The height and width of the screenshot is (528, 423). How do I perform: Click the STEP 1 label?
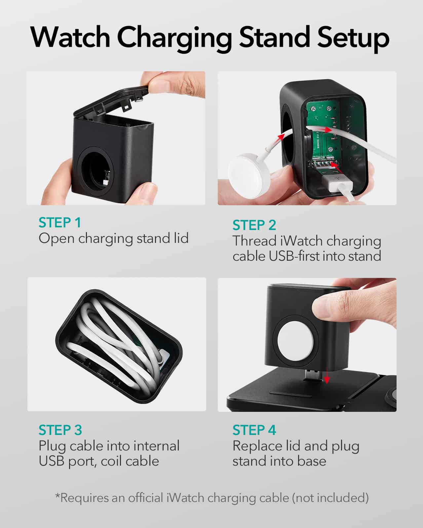(60, 223)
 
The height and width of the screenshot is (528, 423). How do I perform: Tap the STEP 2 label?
(254, 225)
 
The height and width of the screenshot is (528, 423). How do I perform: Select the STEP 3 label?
(60, 430)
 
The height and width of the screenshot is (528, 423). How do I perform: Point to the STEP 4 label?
(254, 430)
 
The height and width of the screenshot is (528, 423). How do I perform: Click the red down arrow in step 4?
(327, 376)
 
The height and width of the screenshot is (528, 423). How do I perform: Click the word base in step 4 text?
(312, 461)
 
